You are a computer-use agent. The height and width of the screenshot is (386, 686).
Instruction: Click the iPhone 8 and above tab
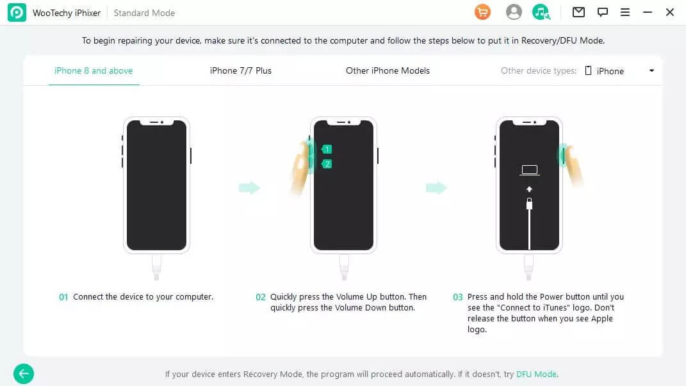coord(94,70)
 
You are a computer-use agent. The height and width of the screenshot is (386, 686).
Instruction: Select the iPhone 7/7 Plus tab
coord(241,70)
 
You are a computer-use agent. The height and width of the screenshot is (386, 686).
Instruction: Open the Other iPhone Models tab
coord(388,70)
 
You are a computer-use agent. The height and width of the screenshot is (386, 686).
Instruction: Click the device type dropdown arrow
coord(651,70)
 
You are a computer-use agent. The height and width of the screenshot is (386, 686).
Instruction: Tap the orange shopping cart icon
coord(482,12)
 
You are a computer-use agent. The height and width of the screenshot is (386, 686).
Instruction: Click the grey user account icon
coord(514,12)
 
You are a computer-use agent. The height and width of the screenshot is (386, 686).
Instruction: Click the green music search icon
coord(541,12)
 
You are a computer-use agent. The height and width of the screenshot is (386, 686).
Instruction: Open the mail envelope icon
coord(578,12)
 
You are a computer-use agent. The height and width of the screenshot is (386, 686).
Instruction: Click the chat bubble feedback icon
coord(602,12)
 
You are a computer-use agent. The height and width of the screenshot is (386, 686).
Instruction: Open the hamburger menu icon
coord(625,12)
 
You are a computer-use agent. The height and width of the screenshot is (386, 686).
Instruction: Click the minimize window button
coord(648,12)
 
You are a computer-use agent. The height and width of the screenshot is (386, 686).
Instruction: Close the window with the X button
coord(670,12)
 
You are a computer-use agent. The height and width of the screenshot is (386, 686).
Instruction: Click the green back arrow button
coord(24,373)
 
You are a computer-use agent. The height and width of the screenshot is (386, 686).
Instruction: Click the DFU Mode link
coord(536,374)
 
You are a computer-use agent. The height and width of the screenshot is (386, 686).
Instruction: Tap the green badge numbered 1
coord(327,149)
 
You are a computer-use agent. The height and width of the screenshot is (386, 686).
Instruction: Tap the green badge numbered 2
coord(327,164)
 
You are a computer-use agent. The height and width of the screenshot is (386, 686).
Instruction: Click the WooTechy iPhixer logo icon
coord(17,13)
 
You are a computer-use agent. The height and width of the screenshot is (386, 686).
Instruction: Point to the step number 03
coord(458,297)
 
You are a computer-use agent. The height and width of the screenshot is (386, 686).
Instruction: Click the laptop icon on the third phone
coord(529,170)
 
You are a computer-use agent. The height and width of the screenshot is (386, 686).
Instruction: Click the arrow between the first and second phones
coord(249,188)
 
